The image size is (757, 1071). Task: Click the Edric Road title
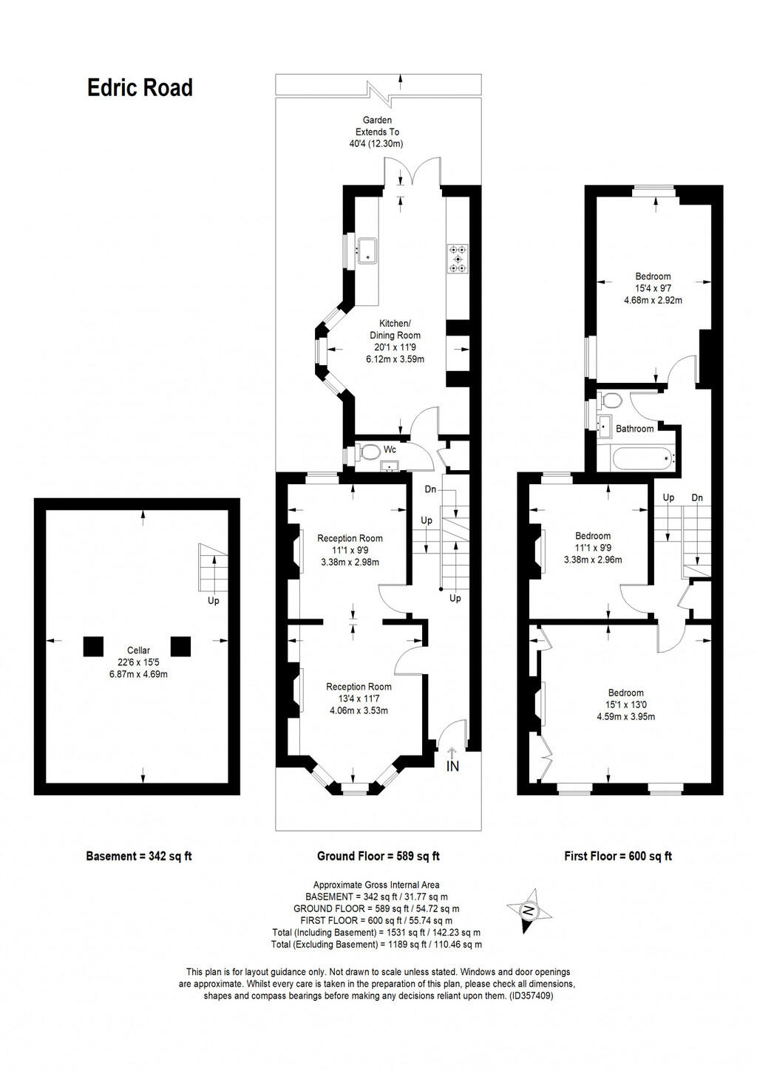[x=140, y=88]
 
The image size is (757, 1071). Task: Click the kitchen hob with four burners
[x=458, y=259]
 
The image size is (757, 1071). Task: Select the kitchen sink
[x=367, y=251]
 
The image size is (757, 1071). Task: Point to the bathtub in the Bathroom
[x=642, y=458]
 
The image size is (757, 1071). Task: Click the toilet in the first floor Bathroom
[x=611, y=401]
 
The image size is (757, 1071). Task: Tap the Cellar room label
[x=138, y=650]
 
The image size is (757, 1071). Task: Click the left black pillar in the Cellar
[x=92, y=647]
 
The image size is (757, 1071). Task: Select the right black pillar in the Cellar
[x=180, y=647]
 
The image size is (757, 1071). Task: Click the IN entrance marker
[x=452, y=764]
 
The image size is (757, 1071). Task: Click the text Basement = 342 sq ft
[x=139, y=857]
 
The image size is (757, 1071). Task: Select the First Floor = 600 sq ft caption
[x=618, y=857]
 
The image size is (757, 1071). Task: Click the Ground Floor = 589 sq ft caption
[x=378, y=857]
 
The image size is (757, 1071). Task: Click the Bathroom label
[x=634, y=429]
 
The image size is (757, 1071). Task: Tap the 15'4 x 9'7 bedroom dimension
[x=653, y=289]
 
